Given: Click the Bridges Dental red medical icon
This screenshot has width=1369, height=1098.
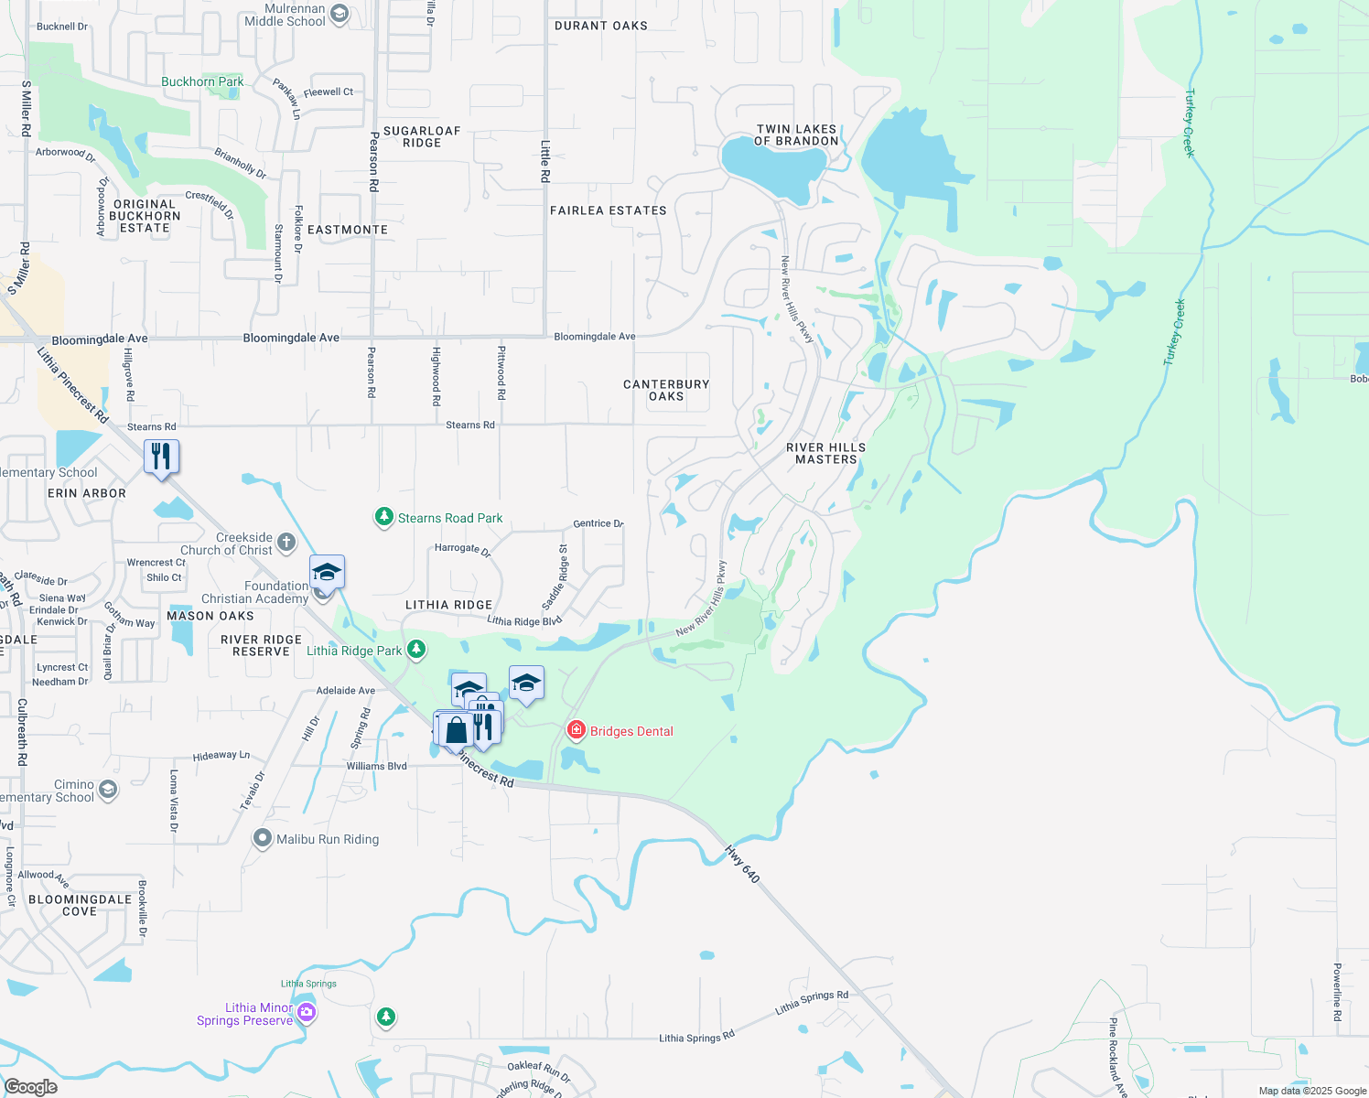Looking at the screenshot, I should coord(576,730).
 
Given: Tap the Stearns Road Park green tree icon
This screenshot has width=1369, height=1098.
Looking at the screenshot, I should coord(384,518).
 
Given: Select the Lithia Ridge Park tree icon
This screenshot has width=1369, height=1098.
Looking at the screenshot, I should coord(416,650).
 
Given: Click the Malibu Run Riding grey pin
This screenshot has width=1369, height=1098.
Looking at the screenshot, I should coord(263,838).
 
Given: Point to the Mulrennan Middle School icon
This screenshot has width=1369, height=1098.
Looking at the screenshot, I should coord(340,14).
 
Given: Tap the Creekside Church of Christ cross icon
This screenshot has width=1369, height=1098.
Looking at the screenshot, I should coord(286,543).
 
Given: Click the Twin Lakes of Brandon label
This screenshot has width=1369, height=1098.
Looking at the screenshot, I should coord(796,135).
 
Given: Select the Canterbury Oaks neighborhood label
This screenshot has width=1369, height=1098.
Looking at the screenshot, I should coord(666,391).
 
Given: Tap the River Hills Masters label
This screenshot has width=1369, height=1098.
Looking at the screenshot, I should coord(825,454).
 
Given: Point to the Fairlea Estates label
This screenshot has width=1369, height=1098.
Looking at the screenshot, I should coord(609,210).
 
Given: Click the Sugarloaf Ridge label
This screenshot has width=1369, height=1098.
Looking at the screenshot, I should coord(422,137).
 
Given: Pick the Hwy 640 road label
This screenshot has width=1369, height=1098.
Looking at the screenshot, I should coord(742,864).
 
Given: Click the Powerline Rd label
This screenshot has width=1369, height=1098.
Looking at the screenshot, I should coord(1337,992).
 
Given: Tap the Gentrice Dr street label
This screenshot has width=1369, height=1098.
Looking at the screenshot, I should coord(598,523).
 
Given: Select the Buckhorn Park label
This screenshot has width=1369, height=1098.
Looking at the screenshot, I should coord(202,81).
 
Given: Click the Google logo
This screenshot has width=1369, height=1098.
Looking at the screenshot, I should coord(31,1087).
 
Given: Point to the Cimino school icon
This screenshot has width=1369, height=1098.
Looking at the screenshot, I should coord(108,789).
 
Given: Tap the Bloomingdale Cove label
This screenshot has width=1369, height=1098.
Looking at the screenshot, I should coord(80,905).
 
